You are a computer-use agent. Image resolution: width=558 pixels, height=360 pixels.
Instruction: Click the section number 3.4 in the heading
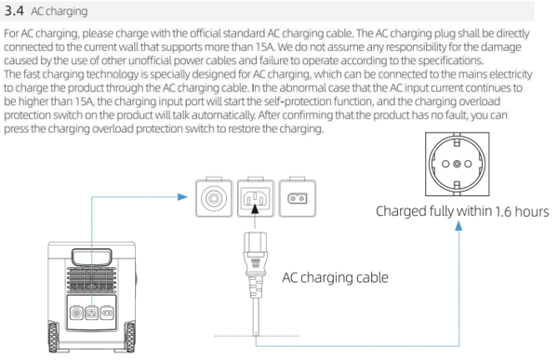click(14, 10)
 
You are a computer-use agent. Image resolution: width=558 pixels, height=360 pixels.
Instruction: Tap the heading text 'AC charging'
click(60, 11)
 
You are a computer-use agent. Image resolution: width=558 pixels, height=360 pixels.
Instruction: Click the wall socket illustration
click(458, 164)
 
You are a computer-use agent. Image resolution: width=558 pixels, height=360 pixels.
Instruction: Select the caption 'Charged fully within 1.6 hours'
click(462, 211)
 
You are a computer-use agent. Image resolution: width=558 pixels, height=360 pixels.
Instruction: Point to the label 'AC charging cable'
click(335, 277)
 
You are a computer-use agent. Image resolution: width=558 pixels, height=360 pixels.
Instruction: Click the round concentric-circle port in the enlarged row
click(214, 198)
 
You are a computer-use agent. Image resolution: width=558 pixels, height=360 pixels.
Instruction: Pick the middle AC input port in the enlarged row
click(256, 198)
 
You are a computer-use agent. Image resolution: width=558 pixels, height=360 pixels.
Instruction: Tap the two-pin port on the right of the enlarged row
click(298, 198)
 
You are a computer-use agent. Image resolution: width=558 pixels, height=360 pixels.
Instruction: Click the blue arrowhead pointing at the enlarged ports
click(182, 197)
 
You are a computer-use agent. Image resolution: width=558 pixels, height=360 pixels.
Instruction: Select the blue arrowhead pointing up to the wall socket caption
click(459, 225)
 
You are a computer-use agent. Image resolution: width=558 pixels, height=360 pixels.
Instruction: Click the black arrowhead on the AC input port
click(255, 208)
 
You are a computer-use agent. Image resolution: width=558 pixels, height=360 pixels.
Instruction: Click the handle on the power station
click(92, 257)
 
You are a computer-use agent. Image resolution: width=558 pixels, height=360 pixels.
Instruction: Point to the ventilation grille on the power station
click(91, 280)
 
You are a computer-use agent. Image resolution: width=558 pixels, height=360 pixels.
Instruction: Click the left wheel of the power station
click(53, 337)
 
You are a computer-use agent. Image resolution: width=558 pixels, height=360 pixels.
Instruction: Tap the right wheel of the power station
click(130, 337)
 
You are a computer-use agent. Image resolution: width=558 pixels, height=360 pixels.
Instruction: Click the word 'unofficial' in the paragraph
click(151, 60)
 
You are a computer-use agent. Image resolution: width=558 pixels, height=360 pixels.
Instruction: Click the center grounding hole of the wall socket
click(458, 164)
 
